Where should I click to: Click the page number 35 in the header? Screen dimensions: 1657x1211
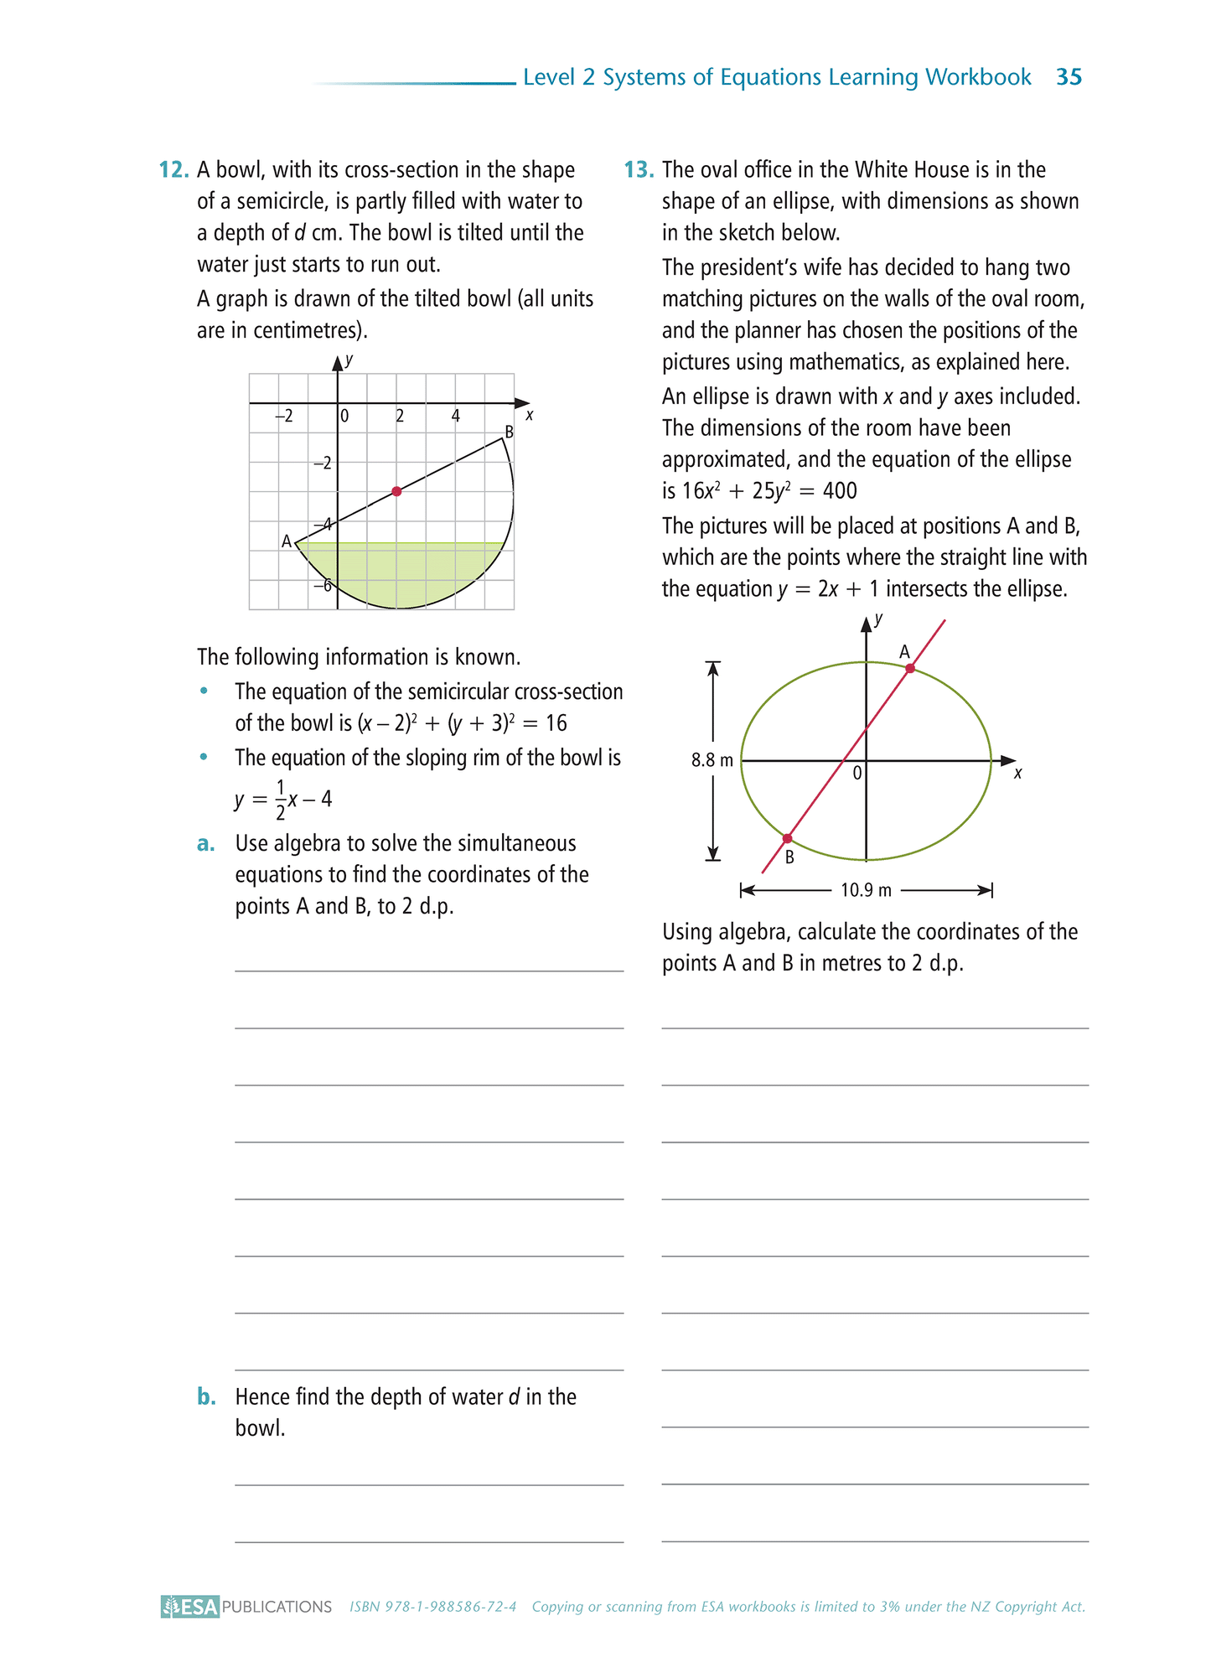tap(1069, 77)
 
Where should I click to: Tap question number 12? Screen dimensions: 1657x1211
tap(173, 170)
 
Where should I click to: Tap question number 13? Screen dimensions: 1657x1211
tap(638, 170)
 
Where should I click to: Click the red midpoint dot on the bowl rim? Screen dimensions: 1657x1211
tap(396, 491)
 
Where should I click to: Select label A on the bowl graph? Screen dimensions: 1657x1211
tap(287, 541)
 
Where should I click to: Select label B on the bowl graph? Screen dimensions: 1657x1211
tap(508, 432)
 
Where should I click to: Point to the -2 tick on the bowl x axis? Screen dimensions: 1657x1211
tap(284, 416)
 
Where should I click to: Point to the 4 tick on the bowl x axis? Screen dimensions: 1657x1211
tap(456, 416)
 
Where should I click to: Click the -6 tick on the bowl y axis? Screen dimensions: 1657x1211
tap(322, 585)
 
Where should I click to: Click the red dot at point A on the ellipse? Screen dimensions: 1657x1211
tap(910, 668)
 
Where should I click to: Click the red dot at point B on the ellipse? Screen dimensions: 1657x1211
tap(787, 838)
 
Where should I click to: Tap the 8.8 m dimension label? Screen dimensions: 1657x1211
tap(712, 760)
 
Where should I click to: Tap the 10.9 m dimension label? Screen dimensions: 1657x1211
tap(866, 890)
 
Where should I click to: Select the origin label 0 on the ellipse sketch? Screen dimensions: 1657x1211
tap(856, 774)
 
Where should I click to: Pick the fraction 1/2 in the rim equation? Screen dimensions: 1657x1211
tap(281, 799)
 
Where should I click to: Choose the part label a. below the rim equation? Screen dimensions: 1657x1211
tap(206, 844)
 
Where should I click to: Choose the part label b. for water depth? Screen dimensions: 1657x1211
tap(206, 1397)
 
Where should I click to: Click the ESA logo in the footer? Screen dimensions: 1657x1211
tap(190, 1607)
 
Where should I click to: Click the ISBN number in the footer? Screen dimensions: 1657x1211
tap(432, 1607)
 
